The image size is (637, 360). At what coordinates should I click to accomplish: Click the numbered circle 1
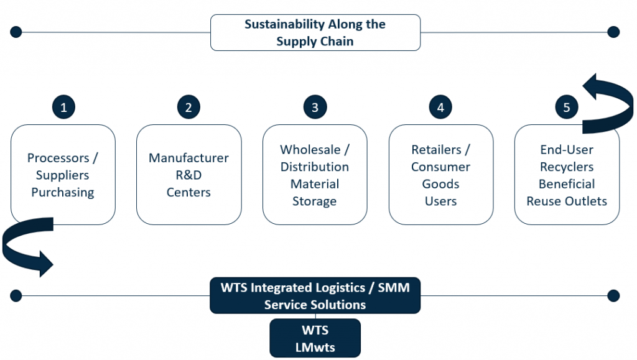tap(63, 107)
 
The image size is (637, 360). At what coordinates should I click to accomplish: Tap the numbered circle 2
tap(188, 107)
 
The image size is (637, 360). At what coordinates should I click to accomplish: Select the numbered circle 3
tap(315, 107)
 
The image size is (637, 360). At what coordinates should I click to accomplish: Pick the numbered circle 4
tap(440, 107)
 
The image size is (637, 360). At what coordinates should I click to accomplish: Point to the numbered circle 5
tap(566, 107)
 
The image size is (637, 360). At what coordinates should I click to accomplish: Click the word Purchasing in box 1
tap(63, 192)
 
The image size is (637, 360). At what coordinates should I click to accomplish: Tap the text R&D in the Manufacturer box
tap(188, 175)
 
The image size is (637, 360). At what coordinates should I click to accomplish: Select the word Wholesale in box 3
tap(310, 150)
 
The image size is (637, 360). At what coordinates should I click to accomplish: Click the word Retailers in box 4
tap(436, 150)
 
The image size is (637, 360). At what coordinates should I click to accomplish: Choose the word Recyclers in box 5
tap(567, 167)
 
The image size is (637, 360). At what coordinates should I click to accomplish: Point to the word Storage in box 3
tap(314, 201)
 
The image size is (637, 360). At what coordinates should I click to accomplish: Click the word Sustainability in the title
tap(284, 24)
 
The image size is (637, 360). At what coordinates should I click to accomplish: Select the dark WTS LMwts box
tap(315, 338)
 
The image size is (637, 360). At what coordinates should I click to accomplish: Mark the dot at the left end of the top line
tap(16, 32)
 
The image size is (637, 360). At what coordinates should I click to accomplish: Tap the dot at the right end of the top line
tap(613, 32)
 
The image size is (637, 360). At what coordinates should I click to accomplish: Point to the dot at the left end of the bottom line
tap(16, 296)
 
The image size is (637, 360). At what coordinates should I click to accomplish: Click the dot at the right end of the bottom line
tap(613, 296)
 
